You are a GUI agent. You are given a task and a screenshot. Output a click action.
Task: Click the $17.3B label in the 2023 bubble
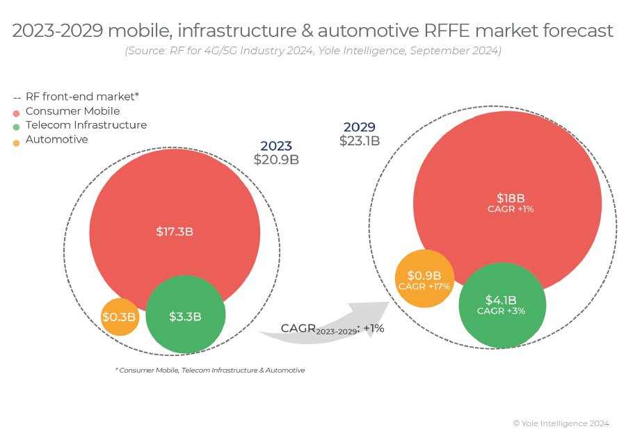175,232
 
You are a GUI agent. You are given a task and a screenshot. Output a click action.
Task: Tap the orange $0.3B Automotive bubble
120,317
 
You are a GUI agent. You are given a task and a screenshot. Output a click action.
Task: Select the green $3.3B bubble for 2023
185,316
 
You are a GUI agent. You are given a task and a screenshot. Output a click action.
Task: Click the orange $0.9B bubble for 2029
424,279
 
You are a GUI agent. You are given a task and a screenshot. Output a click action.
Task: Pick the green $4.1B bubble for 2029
503,305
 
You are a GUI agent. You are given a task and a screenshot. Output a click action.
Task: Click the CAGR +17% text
424,286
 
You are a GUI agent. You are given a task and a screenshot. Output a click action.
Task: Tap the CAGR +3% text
501,311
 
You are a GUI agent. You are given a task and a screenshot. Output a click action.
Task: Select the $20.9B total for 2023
276,159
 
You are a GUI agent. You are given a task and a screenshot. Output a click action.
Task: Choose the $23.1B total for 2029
360,140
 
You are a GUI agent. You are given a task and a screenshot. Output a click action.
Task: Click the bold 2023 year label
276,146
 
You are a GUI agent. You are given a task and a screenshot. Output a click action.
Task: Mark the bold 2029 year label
360,127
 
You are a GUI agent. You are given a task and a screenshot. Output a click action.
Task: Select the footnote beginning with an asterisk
209,371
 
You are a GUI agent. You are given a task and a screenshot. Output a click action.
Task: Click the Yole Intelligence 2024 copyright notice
561,423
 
